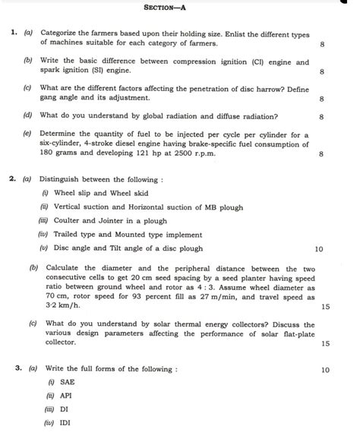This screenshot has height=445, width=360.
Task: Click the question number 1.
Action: (14, 34)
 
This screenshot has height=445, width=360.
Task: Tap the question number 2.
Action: (14, 179)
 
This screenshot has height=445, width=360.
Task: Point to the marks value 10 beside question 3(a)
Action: (326, 370)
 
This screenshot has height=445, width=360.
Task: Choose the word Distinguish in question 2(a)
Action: (64, 179)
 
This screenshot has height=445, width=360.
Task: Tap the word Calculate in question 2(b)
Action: (66, 269)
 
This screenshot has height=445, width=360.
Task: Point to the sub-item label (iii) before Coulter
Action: (43, 220)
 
